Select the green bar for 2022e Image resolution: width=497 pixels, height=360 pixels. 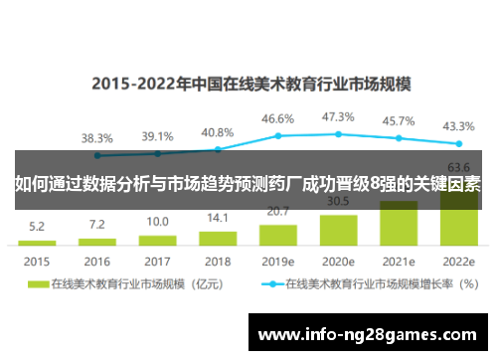tap(459, 223)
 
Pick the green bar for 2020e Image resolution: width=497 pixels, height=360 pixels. tap(338, 230)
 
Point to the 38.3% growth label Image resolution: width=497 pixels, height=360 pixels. tap(96, 138)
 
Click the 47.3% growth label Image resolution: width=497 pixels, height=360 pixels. tap(338, 117)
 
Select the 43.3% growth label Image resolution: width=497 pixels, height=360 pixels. tap(458, 126)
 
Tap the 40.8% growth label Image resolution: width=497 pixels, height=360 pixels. tap(217, 132)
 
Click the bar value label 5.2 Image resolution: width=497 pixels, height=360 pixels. tap(36, 226)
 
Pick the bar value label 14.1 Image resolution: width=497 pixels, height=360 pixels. tap(217, 218)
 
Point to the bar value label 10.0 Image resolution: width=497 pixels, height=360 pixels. tap(157, 222)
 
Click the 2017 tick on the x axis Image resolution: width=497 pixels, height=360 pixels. tap(157, 262)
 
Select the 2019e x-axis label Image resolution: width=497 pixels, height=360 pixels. tap(277, 262)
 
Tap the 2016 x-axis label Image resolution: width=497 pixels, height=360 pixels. tap(96, 262)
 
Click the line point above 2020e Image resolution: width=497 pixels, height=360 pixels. tap(338, 133)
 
